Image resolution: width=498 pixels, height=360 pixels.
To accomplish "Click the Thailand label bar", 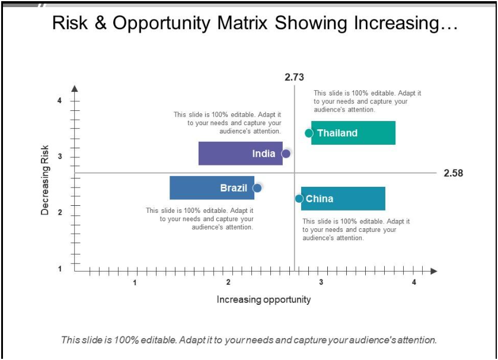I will click(x=353, y=133).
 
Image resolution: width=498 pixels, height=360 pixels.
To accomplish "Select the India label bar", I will click(x=241, y=154).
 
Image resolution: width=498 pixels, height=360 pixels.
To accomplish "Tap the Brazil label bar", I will click(x=212, y=188).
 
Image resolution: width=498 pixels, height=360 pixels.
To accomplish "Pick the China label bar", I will click(x=343, y=199).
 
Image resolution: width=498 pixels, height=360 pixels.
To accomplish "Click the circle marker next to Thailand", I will click(x=309, y=133).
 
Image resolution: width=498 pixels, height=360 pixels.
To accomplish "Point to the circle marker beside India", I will click(x=286, y=154).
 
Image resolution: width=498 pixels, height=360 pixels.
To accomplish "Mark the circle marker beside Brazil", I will click(x=257, y=188).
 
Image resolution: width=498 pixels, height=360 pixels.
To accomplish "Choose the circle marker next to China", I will click(x=299, y=199).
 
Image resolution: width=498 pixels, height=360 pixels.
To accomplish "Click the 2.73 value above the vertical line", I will click(x=294, y=77).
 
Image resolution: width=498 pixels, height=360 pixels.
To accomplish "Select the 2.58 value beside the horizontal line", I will click(x=454, y=173).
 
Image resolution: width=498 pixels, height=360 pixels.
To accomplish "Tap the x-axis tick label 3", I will click(x=321, y=282).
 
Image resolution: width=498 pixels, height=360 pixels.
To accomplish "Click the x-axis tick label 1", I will click(x=135, y=282).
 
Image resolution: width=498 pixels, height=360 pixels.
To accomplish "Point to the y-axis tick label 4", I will click(x=59, y=101).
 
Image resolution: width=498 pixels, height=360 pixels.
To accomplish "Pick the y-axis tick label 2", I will click(x=59, y=213).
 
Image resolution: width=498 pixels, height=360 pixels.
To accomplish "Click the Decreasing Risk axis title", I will click(x=45, y=180).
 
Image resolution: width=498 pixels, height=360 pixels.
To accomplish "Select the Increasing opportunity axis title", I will click(x=264, y=300).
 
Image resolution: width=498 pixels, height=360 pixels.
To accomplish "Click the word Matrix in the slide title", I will click(x=243, y=23).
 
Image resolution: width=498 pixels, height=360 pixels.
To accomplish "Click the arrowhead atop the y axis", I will click(x=75, y=90).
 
